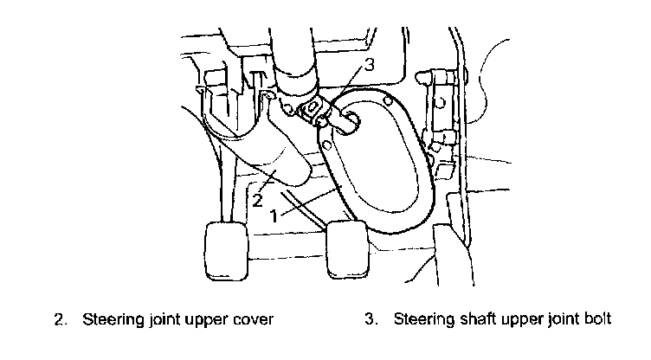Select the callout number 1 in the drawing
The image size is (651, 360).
coord(275,216)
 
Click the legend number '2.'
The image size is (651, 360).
coord(61,319)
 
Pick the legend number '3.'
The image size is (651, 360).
coord(372,319)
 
